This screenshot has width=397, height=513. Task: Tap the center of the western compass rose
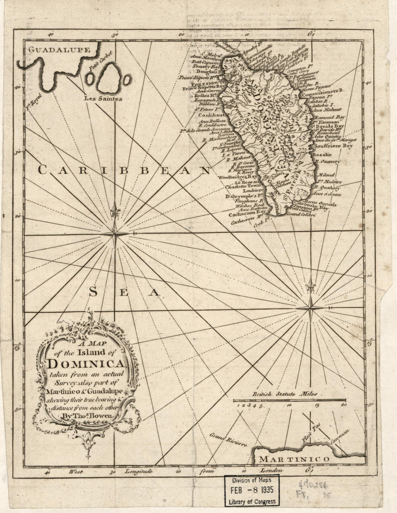(115, 234)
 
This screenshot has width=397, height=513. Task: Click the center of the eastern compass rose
(310, 308)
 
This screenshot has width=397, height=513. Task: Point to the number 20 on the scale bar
(344, 405)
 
